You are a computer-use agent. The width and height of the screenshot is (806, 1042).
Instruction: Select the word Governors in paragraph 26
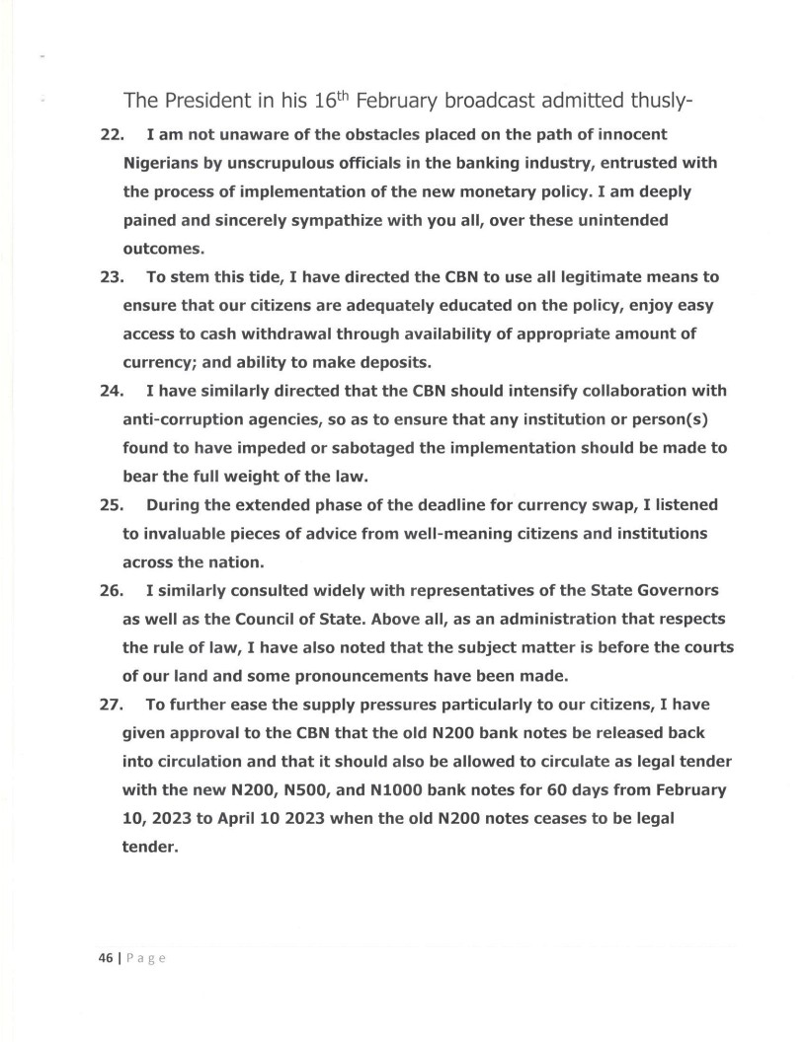click(x=678, y=591)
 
